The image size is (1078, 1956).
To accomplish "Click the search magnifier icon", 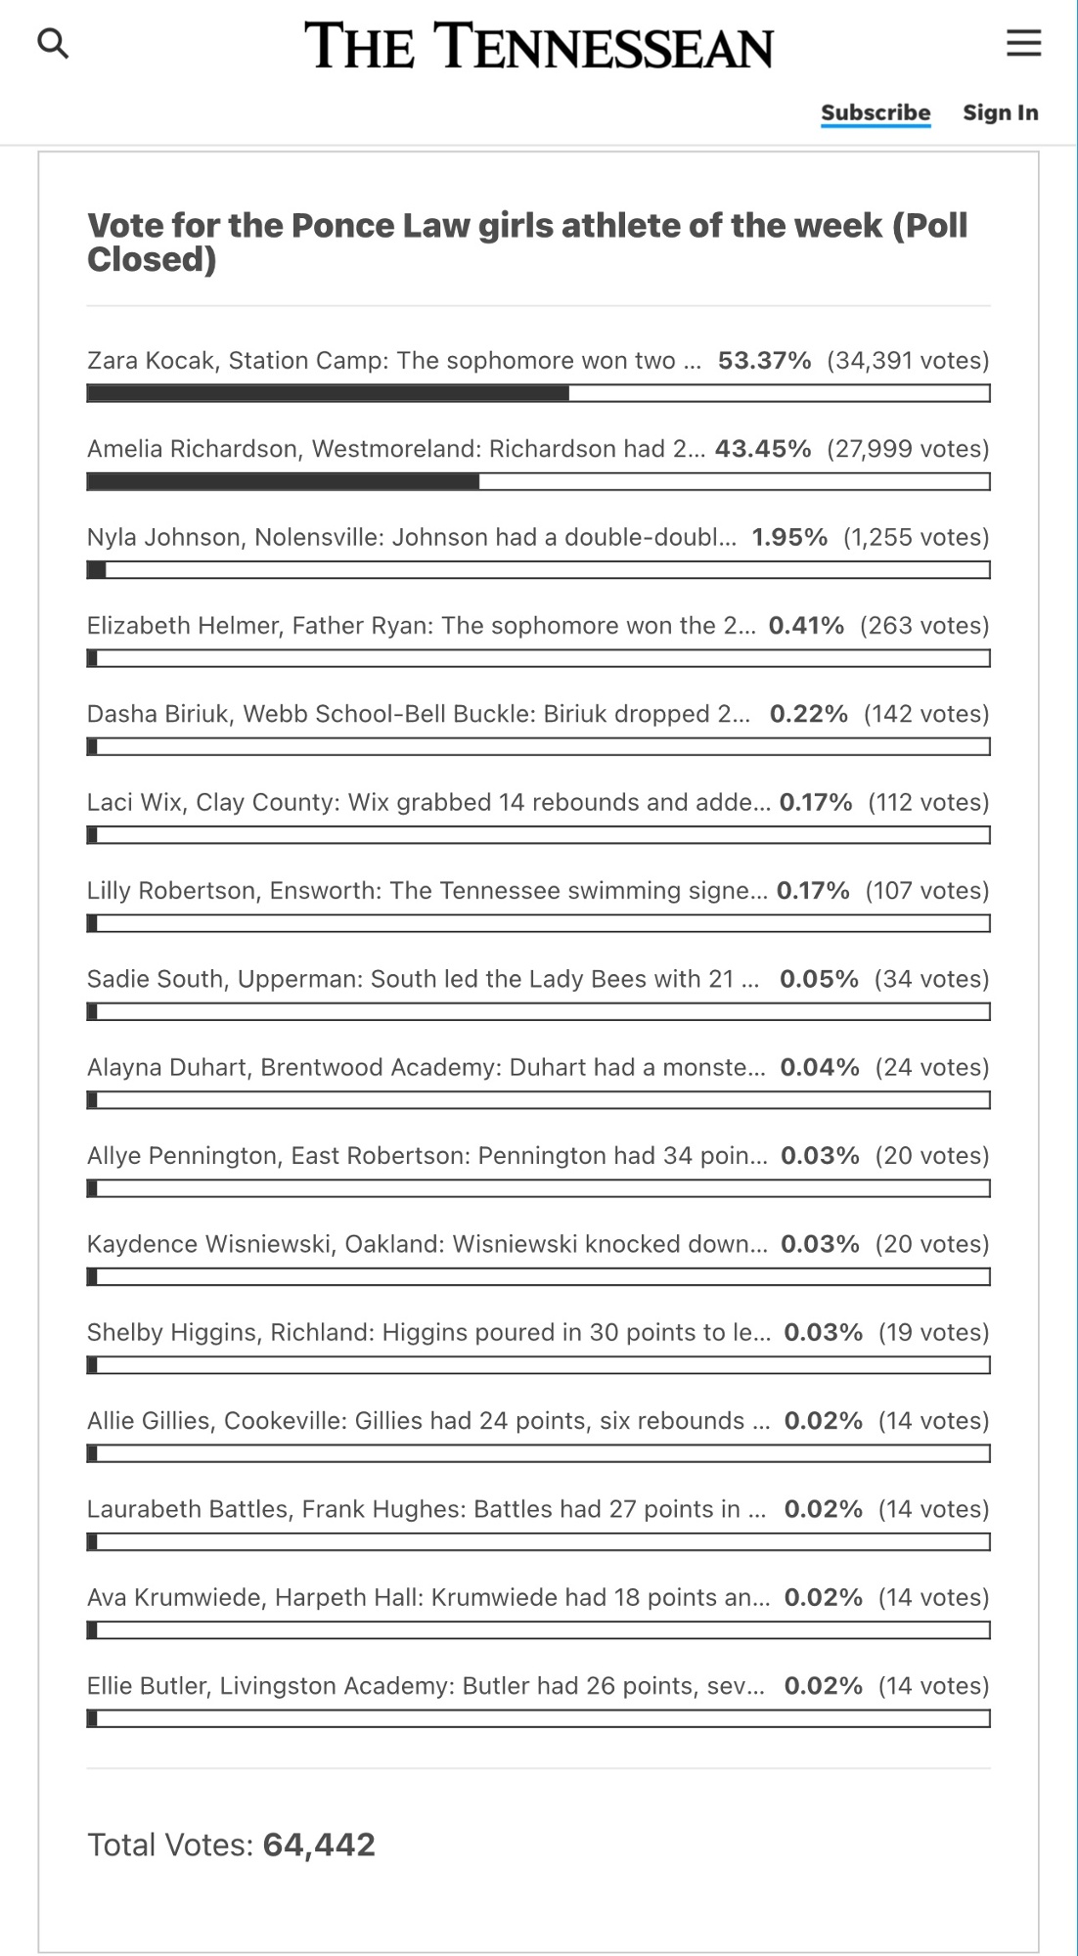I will (x=53, y=43).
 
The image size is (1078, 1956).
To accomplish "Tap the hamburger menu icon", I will (x=1023, y=43).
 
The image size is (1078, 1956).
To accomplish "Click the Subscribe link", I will (x=876, y=112).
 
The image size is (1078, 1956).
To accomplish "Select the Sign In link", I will (x=1000, y=112).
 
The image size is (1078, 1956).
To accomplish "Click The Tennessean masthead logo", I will (x=538, y=46).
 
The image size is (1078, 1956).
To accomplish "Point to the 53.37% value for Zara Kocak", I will (x=764, y=361).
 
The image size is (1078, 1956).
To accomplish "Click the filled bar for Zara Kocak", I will (x=328, y=393).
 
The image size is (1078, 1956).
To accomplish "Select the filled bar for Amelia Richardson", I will (x=283, y=481).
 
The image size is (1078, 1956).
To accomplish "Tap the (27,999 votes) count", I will (x=908, y=449).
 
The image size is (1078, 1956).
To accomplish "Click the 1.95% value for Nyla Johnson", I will (x=788, y=537).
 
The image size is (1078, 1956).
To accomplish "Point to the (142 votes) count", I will (x=925, y=714).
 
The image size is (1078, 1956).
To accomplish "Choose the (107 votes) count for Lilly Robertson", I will (x=926, y=891).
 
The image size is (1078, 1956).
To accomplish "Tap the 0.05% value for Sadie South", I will (x=819, y=979).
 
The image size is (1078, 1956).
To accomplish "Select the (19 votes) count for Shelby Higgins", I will (x=933, y=1332).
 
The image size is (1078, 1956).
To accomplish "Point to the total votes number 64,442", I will (x=319, y=1845).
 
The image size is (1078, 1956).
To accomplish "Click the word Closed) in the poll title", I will (x=152, y=259).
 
